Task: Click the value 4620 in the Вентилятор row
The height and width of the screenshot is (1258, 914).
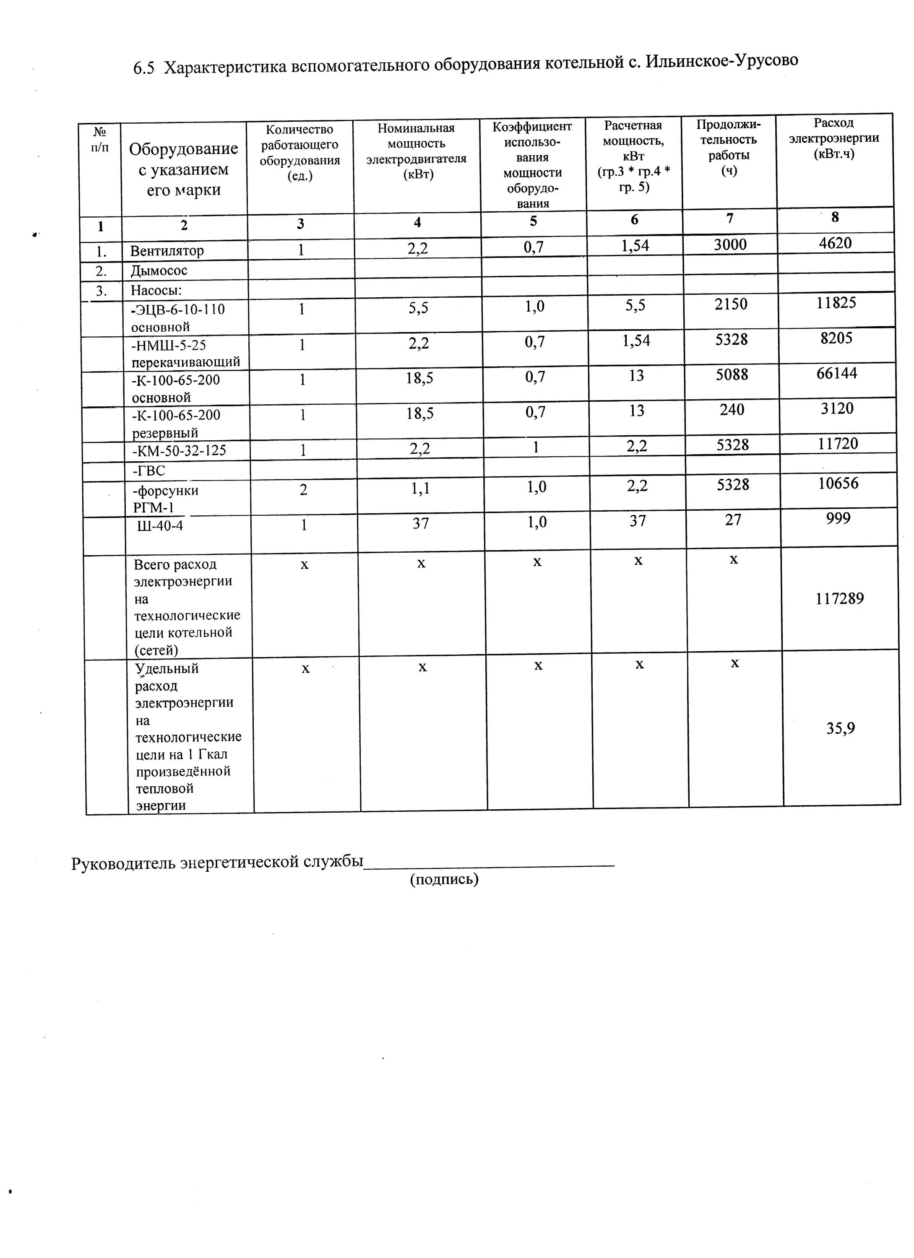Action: coord(835,243)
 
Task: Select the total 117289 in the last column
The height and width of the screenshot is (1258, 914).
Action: coord(840,598)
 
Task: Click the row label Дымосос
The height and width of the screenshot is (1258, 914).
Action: coord(159,271)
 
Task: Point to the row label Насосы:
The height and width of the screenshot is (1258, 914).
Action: coord(156,291)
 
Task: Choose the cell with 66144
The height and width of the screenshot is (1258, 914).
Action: coord(836,373)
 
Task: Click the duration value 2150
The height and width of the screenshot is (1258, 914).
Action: coord(731,304)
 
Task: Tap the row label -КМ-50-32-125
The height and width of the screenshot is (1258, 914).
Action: coord(179,450)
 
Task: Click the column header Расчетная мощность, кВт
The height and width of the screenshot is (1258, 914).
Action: coord(634,156)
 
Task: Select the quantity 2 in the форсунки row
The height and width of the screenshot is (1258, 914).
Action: coord(303,490)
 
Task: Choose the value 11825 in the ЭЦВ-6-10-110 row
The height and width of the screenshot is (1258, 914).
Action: coord(836,302)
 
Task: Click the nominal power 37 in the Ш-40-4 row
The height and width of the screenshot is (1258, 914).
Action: coord(421,522)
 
